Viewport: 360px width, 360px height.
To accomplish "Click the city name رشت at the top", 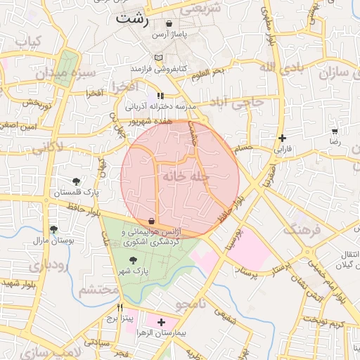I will pos(133,20).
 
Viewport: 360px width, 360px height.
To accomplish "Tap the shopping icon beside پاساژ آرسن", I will pos(169,24).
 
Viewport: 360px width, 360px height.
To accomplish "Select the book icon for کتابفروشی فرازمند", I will pos(158,57).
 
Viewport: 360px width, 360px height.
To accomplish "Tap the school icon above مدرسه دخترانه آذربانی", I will pos(161,96).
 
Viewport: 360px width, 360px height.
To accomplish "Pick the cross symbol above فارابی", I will pos(282,138).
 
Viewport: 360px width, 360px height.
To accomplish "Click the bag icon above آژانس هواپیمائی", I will pos(152,221).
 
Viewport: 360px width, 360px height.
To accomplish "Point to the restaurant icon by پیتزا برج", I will pos(120,307).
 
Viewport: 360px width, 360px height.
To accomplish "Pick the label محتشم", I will pos(98,289).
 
